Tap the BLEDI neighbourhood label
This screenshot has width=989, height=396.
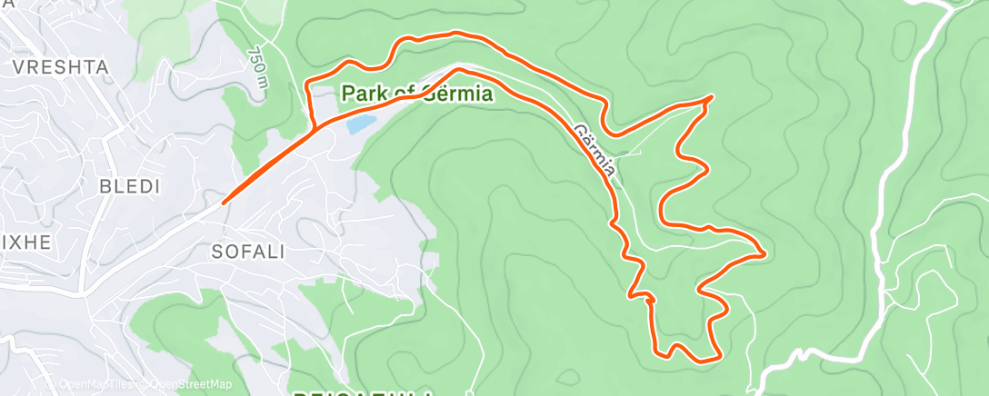132,186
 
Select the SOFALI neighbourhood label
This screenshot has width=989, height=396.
247,252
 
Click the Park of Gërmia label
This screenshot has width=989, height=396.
417,94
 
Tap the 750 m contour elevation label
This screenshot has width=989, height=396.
258,69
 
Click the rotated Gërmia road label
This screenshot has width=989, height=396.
597,150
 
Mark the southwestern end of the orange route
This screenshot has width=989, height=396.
224,202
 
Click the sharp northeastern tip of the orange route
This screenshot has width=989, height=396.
709,96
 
